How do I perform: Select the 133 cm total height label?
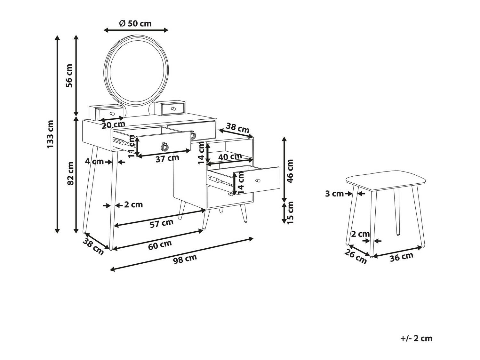click(51, 134)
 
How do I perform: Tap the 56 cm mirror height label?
click(69, 76)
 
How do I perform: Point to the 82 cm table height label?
click(70, 173)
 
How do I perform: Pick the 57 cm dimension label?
click(162, 223)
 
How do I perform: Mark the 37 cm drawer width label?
click(167, 158)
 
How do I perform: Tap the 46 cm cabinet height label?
click(290, 171)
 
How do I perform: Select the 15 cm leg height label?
click(290, 212)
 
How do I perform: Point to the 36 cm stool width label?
click(402, 257)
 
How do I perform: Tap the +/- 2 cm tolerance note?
click(416, 338)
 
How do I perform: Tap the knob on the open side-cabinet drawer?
click(257, 181)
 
